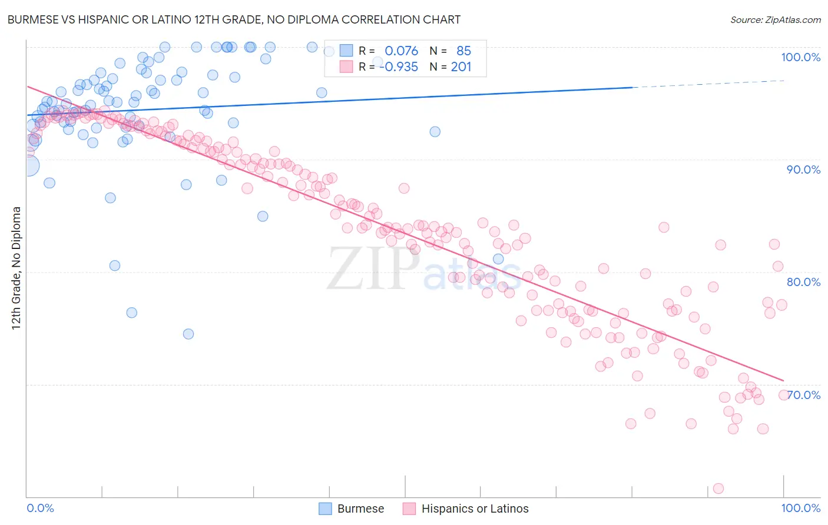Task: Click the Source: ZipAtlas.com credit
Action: click(x=775, y=19)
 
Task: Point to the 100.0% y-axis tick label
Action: click(x=800, y=57)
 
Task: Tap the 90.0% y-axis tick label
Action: click(x=803, y=170)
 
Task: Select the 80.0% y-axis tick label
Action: click(x=803, y=282)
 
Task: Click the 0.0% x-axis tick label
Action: click(x=40, y=508)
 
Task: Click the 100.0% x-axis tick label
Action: click(x=800, y=508)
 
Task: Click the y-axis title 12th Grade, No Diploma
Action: click(x=16, y=268)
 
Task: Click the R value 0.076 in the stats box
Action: click(x=401, y=51)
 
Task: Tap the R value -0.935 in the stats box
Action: click(x=399, y=67)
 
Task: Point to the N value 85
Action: click(x=463, y=51)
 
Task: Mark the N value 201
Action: click(x=461, y=67)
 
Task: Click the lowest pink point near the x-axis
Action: click(x=718, y=489)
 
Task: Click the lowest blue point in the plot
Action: click(x=188, y=334)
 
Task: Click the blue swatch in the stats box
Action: click(x=346, y=51)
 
